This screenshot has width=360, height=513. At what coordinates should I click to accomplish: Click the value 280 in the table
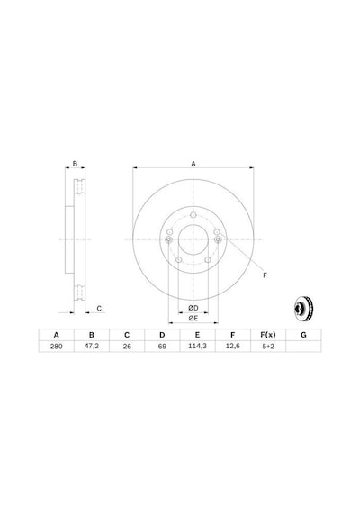point(57,346)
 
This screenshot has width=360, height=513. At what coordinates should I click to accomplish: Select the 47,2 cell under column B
point(92,346)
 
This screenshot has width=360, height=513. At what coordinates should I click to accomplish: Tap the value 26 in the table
point(127,346)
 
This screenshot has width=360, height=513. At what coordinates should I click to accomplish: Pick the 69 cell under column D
point(162,346)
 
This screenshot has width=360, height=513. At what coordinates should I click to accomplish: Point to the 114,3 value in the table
point(197,346)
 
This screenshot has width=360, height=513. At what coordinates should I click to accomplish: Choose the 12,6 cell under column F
point(233,346)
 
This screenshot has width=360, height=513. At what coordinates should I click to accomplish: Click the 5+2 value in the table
point(268,346)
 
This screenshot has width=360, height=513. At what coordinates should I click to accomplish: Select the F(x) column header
point(268,335)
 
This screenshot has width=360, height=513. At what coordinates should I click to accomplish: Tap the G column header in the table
point(303,335)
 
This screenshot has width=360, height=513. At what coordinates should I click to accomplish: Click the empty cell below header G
point(303,346)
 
